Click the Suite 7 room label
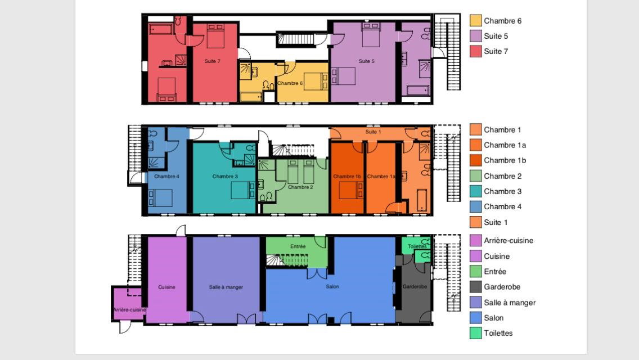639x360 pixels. [x=212, y=61]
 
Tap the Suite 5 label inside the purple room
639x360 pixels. [x=366, y=61]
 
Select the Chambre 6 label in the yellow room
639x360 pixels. [x=290, y=83]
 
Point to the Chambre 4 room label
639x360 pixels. [x=166, y=177]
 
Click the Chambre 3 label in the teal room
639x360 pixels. [x=225, y=177]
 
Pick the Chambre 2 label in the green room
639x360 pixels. [x=300, y=187]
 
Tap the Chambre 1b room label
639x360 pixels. [x=347, y=177]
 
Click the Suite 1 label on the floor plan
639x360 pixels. [x=373, y=132]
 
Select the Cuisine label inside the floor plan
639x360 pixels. [x=166, y=287]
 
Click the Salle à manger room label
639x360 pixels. [x=226, y=287]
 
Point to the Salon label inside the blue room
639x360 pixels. [x=332, y=287]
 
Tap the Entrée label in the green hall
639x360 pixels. [x=298, y=246]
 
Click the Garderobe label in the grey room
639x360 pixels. [x=415, y=287]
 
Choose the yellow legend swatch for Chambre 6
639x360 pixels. [x=475, y=20]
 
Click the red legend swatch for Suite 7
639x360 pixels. [x=475, y=51]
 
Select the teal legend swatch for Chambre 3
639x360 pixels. [x=475, y=191]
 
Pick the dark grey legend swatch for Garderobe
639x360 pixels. [x=475, y=287]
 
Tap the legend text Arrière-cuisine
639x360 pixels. [x=508, y=241]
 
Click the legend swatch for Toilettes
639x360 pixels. [x=475, y=333]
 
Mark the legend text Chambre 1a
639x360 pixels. [x=505, y=145]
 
